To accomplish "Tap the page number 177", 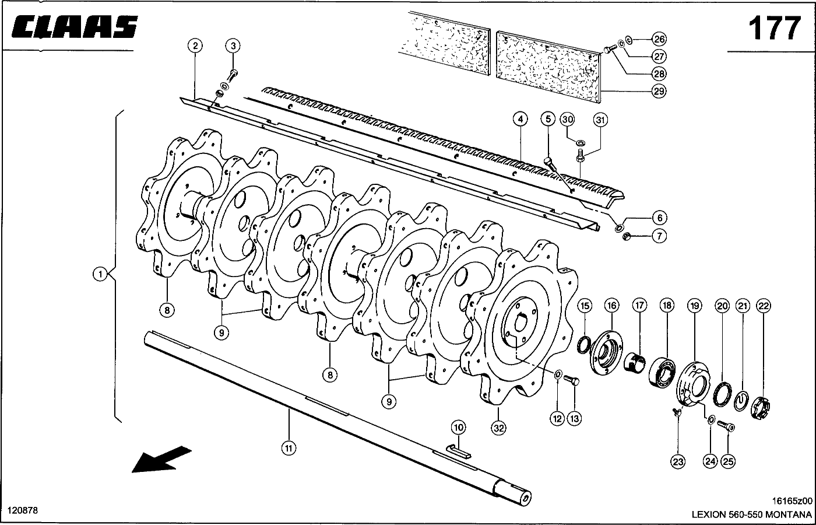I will click(x=774, y=27).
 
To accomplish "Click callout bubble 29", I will click(x=659, y=91).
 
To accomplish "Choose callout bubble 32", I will click(x=498, y=428).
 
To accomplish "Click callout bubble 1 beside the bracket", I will click(x=100, y=274).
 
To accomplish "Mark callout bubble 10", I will click(x=459, y=428).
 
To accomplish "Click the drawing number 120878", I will click(x=24, y=510).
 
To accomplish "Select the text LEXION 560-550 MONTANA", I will click(x=751, y=514).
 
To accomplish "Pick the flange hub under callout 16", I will click(x=607, y=354).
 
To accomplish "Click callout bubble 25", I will click(x=728, y=461).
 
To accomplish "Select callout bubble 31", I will click(x=600, y=120).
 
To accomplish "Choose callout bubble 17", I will click(x=639, y=305).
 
